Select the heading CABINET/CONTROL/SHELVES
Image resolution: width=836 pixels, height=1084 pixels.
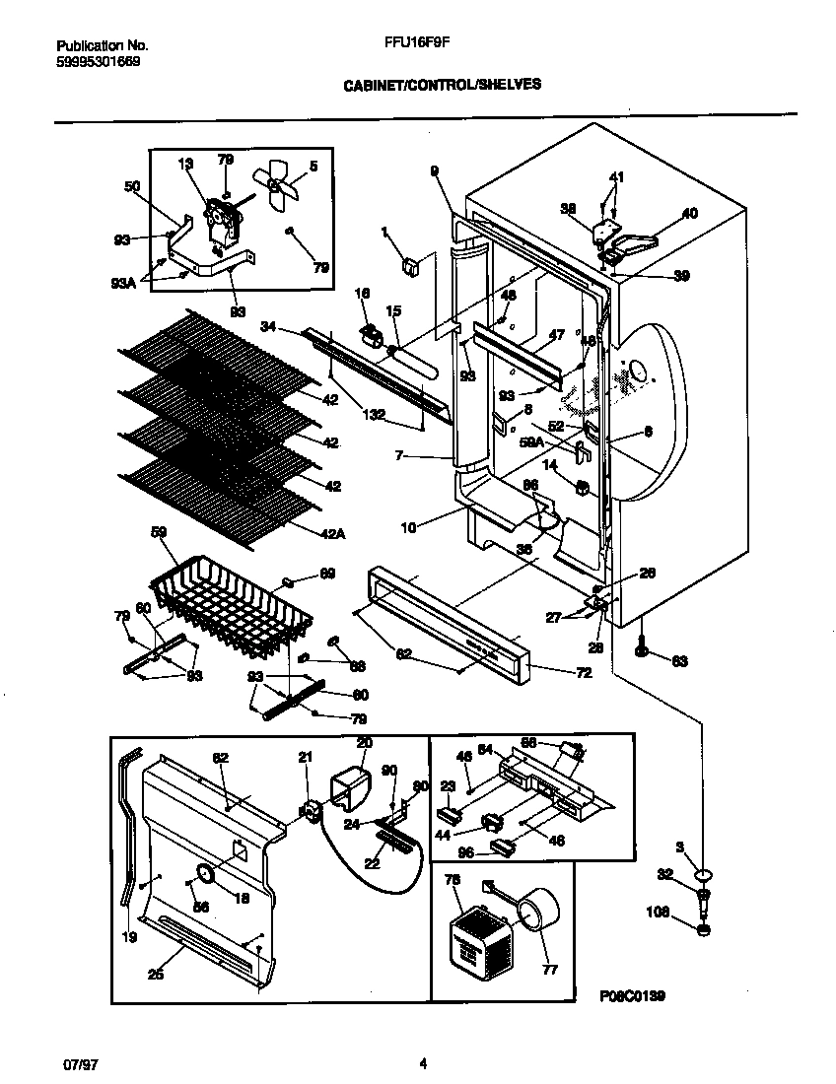pos(442,85)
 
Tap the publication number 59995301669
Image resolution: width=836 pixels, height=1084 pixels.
pos(98,61)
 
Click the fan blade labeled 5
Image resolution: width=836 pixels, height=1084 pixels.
pos(276,187)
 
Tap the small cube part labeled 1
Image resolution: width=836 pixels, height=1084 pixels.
pos(408,264)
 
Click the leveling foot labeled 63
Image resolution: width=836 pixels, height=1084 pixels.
pos(643,649)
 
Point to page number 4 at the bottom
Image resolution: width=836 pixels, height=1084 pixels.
pos(423,1063)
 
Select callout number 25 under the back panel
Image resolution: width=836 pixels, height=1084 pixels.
pos(156,974)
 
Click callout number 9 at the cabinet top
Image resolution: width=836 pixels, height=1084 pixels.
pos(433,170)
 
